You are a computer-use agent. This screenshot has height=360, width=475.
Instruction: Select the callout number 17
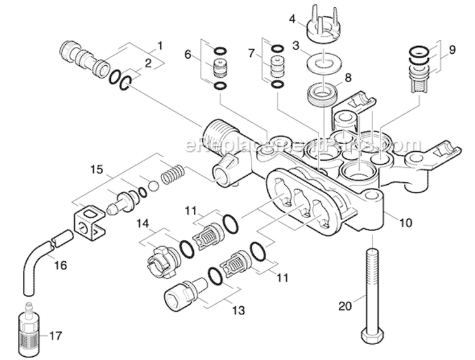[56, 335]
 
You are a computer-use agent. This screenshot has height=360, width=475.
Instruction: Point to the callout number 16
[60, 265]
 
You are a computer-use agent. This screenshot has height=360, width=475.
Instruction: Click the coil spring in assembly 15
[174, 174]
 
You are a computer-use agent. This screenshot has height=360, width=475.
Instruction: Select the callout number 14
[144, 223]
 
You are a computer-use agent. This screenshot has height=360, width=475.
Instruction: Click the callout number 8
[347, 78]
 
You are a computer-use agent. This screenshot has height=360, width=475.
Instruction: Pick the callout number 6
[187, 55]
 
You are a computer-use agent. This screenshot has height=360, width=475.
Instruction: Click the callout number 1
[160, 46]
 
